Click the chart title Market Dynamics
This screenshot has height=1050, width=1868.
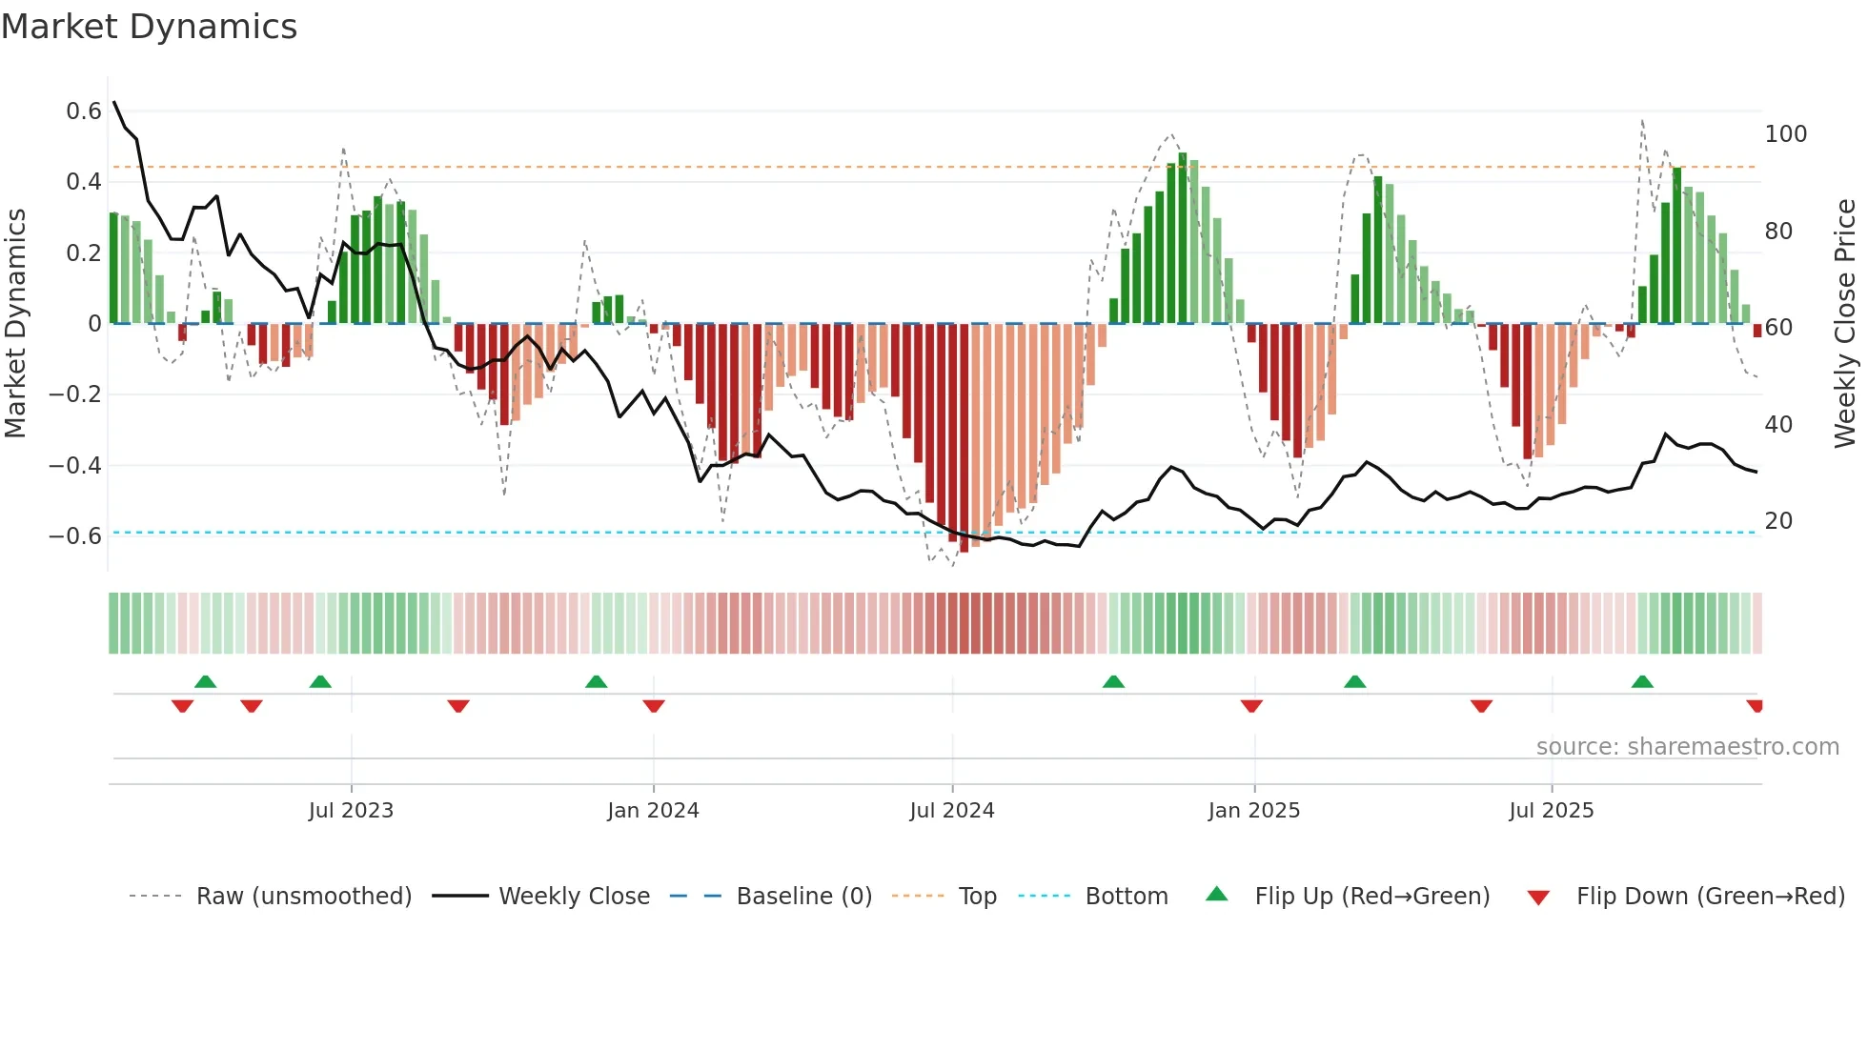click(x=149, y=27)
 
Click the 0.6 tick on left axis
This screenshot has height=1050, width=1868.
click(x=84, y=111)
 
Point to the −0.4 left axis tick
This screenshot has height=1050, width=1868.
click(x=75, y=465)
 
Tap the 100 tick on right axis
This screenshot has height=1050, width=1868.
click(x=1785, y=134)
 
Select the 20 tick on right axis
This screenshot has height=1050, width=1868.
click(x=1778, y=521)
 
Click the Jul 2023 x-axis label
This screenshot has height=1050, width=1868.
click(x=351, y=811)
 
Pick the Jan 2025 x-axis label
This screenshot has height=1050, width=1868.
click(x=1253, y=811)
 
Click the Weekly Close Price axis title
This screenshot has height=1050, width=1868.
click(x=1845, y=324)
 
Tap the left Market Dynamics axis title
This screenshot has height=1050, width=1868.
click(x=15, y=324)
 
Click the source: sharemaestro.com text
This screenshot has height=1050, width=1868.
click(x=1687, y=747)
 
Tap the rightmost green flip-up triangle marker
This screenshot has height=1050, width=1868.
click(x=1642, y=682)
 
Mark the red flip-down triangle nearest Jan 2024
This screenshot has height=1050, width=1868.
click(x=654, y=706)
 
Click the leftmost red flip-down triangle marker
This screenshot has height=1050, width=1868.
click(x=182, y=706)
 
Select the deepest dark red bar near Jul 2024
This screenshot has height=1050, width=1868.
click(x=964, y=438)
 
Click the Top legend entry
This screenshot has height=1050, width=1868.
click(x=977, y=897)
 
